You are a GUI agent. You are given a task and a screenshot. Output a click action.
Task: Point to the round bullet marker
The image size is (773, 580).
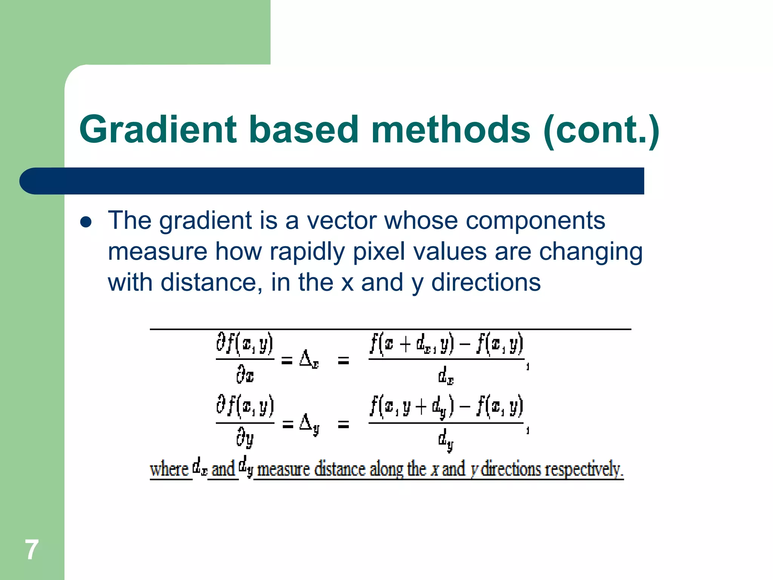click(x=86, y=222)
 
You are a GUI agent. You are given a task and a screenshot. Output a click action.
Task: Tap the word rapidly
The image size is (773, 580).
click(x=307, y=252)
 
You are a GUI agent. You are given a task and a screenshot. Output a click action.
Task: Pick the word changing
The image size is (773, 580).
click(x=590, y=252)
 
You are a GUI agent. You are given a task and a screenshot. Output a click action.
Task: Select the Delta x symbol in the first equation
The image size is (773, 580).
click(x=309, y=359)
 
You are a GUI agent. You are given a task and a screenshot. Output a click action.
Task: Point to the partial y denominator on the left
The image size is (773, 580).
click(x=245, y=439)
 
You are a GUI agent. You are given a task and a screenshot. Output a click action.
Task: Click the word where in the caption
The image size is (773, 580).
click(x=169, y=469)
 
